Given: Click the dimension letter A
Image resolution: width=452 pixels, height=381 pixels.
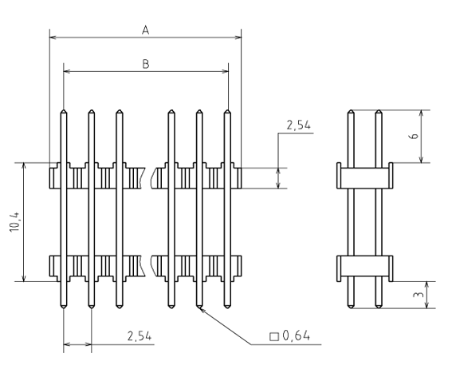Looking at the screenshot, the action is coord(146,30).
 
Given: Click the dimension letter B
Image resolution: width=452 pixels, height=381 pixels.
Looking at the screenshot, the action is coord(146,64).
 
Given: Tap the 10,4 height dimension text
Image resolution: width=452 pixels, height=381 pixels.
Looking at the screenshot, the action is coord(14,221).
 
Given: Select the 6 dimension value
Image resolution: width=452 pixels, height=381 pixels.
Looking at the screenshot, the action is coord(414,136).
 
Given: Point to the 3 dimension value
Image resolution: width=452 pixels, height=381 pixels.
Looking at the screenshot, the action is coord(419,295).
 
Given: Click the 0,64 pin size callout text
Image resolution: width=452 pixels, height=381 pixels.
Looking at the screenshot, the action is coord(296,335).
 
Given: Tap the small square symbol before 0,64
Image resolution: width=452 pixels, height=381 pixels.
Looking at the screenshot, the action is coord(274,336).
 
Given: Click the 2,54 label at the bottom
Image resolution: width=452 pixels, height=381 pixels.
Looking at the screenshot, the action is coord(140,336).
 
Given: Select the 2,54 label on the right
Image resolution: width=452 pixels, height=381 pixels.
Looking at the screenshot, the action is coord(299,125).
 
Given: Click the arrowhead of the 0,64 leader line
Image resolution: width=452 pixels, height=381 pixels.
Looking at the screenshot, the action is coord(201,310).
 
